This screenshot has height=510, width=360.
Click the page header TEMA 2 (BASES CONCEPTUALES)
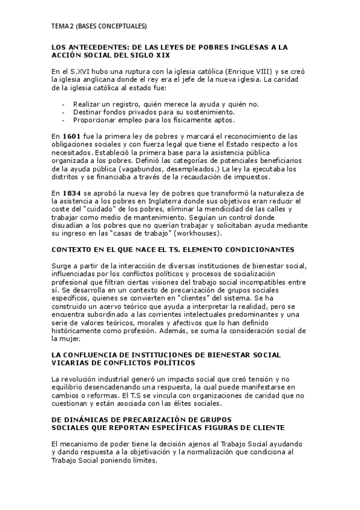point(99,26)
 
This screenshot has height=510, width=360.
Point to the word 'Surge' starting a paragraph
point(63,265)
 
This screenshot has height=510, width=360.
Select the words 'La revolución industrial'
point(91,379)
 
